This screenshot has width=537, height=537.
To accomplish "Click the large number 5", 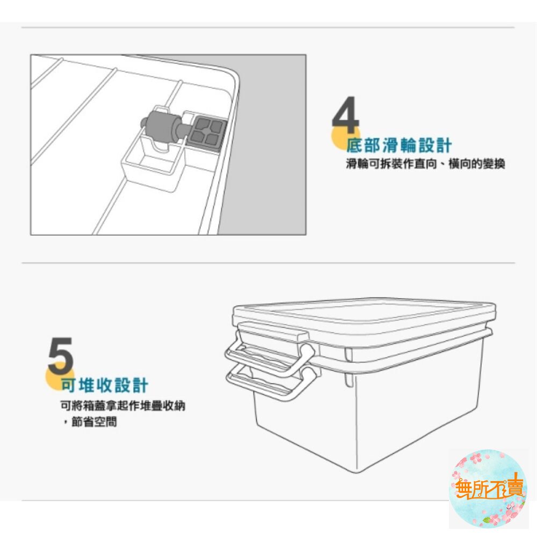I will click(x=60, y=356).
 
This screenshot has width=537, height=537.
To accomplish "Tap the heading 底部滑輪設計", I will click(x=399, y=145).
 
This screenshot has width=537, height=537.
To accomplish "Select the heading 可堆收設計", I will click(x=104, y=384).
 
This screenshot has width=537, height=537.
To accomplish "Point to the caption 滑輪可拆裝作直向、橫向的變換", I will click(x=425, y=164).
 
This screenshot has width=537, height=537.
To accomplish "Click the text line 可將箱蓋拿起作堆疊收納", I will click(x=122, y=405).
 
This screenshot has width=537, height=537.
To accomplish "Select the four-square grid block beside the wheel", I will click(x=207, y=132).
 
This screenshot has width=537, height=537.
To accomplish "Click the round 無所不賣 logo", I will click(x=488, y=488).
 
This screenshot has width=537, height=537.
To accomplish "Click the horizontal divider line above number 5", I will click(x=268, y=263).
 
